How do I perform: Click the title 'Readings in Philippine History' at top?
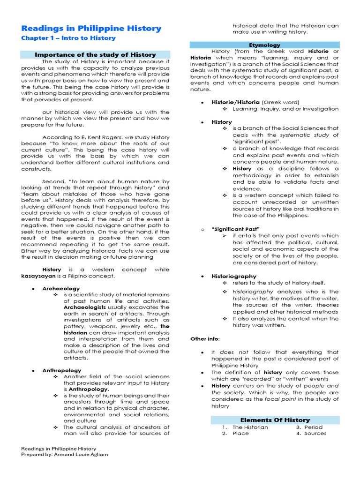click(91, 28)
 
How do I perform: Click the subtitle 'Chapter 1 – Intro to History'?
click(68, 38)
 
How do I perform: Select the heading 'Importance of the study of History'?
click(95, 55)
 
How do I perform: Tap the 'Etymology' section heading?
click(264, 45)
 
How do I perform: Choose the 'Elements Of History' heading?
click(275, 420)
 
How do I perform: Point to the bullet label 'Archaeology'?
click(61, 288)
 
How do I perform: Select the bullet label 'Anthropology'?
click(62, 370)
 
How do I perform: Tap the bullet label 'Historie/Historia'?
click(236, 102)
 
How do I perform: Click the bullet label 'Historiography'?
click(234, 276)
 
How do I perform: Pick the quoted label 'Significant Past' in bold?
click(236, 229)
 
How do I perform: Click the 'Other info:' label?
click(205, 338)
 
